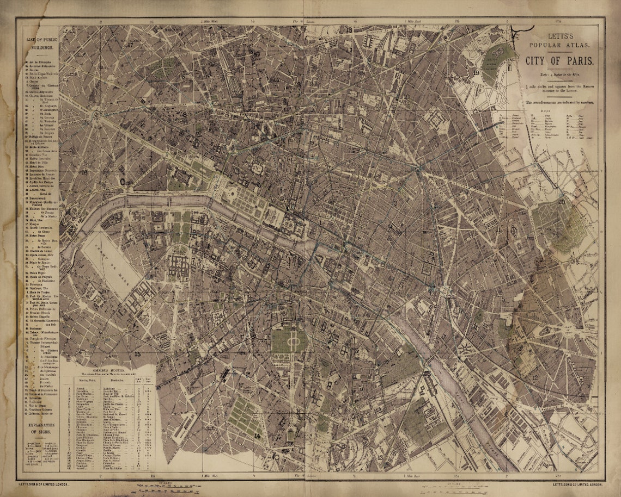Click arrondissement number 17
(x=130, y=45)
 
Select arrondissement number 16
(x=83, y=172)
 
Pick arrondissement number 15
(x=138, y=354)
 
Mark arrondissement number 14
(x=257, y=436)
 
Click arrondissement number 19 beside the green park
(x=476, y=72)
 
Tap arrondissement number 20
(x=561, y=202)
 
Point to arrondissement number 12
(x=535, y=377)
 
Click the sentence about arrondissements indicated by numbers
(x=559, y=102)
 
